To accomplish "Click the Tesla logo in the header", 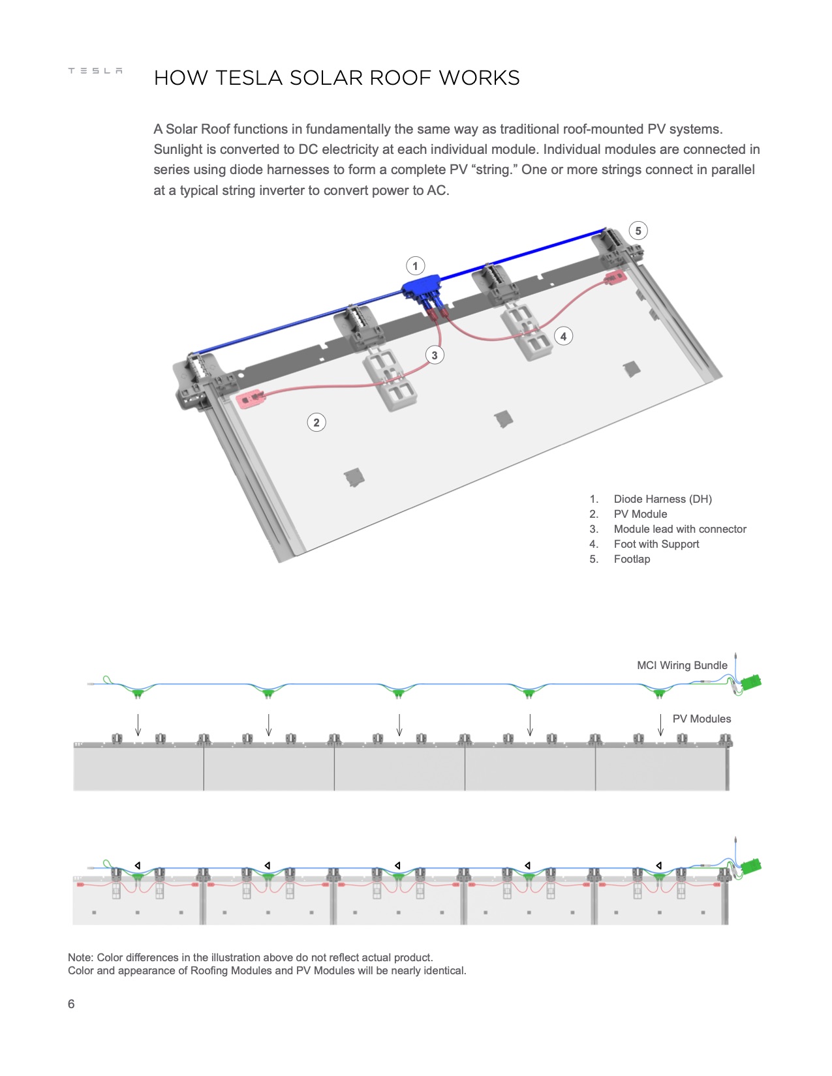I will click(95, 70).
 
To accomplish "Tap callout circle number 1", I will click(415, 266).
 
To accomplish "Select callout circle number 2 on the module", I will click(316, 423).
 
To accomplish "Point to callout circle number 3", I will click(435, 355).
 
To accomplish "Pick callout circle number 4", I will click(563, 336).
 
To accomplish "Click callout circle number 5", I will click(638, 231).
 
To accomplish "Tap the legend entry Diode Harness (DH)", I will click(662, 499).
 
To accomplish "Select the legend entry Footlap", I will click(632, 559).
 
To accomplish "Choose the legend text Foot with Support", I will click(656, 544).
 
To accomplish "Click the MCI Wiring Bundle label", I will click(682, 665).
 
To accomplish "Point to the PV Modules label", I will click(701, 719).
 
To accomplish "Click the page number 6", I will click(71, 1004).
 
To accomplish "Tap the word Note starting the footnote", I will click(80, 957).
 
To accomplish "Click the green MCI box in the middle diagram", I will click(752, 682).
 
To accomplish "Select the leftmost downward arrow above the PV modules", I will click(138, 725).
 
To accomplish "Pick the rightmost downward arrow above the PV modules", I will click(660, 725).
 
